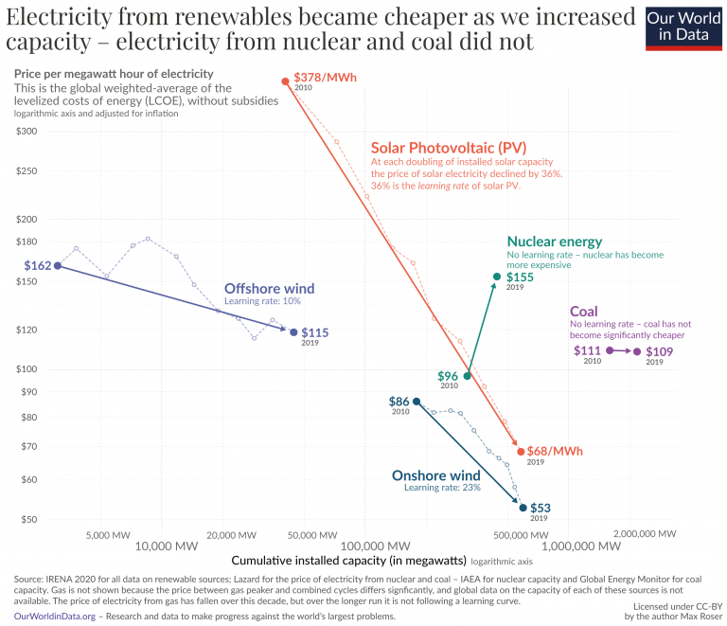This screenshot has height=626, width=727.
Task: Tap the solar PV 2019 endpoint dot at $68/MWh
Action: coord(521,452)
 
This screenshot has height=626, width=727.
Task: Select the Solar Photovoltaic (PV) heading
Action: coord(448,148)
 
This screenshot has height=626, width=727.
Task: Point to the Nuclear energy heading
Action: coord(554,241)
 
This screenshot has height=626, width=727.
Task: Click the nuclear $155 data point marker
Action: coord(496,277)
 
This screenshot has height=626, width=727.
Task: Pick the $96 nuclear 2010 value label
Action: coord(448,376)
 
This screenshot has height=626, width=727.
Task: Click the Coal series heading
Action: coord(583,312)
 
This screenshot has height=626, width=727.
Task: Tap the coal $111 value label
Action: coord(588,350)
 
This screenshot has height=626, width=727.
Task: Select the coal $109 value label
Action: coord(660,351)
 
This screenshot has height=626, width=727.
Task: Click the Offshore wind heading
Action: coord(269,289)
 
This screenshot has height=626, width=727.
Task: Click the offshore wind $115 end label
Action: coord(315,332)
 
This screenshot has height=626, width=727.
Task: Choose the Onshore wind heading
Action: coord(436,475)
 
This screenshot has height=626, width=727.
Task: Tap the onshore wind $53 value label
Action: coord(540,508)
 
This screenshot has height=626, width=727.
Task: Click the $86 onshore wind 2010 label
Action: coord(399,402)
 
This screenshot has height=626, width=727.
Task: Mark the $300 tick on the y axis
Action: coord(26,131)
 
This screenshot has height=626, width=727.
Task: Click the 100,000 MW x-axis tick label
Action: coord(365,546)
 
